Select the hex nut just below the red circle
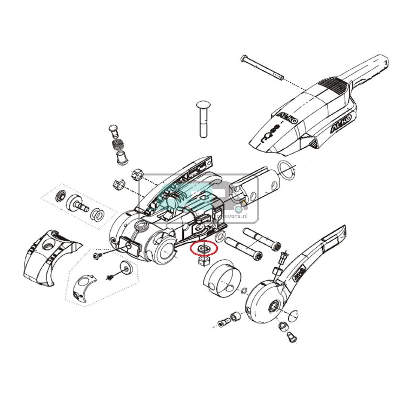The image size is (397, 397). (x=204, y=261)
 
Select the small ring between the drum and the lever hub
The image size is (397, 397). (x=243, y=292)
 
